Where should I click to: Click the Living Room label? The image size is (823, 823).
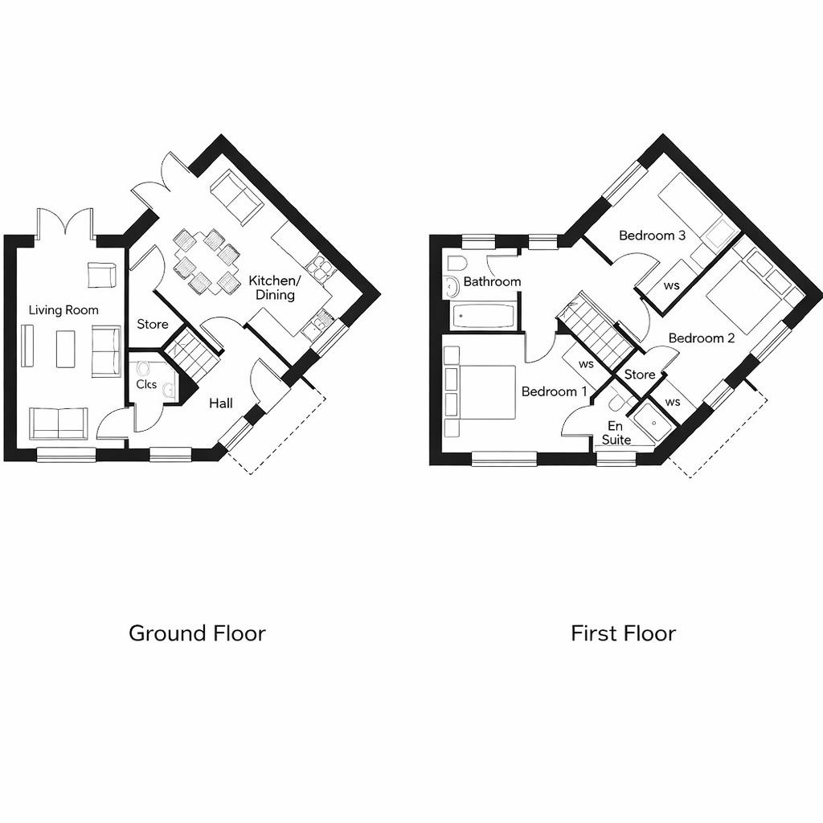pyautogui.click(x=63, y=309)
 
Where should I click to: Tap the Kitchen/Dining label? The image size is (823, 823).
pyautogui.click(x=275, y=288)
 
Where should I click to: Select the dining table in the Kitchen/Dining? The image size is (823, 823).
pyautogui.click(x=207, y=261)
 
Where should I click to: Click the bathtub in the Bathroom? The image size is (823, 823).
pyautogui.click(x=482, y=316)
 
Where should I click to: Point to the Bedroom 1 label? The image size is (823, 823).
pyautogui.click(x=554, y=391)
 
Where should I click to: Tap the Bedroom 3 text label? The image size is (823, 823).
pyautogui.click(x=652, y=235)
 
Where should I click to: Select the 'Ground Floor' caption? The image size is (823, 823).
pyautogui.click(x=197, y=633)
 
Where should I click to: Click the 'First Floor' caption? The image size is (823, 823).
pyautogui.click(x=623, y=633)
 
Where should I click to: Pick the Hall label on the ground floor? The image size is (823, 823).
pyautogui.click(x=221, y=403)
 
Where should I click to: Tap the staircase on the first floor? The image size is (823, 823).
pyautogui.click(x=596, y=330)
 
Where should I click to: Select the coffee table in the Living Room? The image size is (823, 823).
pyautogui.click(x=65, y=349)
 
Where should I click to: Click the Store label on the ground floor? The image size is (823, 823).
pyautogui.click(x=153, y=324)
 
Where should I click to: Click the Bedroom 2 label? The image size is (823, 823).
pyautogui.click(x=701, y=338)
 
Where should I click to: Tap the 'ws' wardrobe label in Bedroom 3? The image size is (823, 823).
pyautogui.click(x=671, y=286)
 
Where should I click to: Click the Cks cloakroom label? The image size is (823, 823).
pyautogui.click(x=146, y=384)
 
